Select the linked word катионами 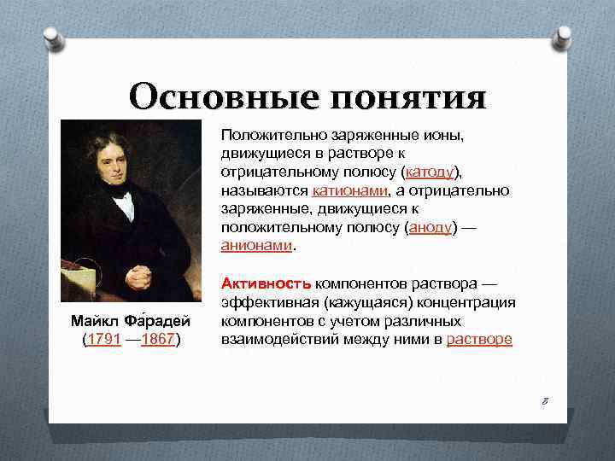(x=348, y=190)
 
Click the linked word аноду (x=432, y=227)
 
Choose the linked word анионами (x=256, y=246)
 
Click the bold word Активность (x=266, y=283)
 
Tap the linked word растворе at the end (x=479, y=339)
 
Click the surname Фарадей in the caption (x=156, y=321)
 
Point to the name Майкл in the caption (x=95, y=321)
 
